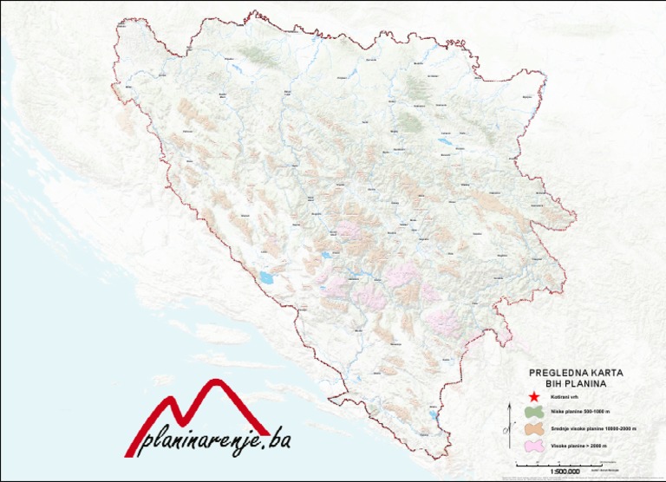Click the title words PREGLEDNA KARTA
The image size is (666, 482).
[x=573, y=372]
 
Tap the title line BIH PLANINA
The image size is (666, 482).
[x=573, y=381]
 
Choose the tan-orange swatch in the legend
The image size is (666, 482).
[x=533, y=429]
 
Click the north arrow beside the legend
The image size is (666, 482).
[x=506, y=426]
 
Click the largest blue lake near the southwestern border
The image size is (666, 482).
[x=264, y=278]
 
